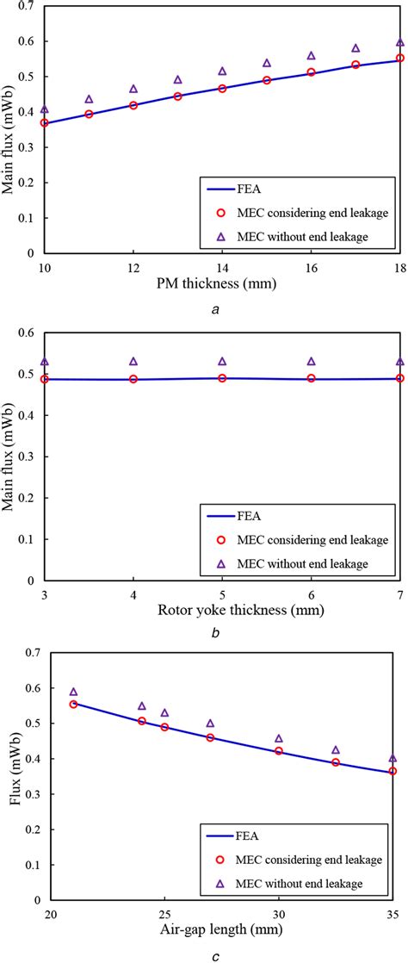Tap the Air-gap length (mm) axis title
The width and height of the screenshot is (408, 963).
(x=222, y=929)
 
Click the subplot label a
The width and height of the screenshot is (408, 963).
(x=221, y=306)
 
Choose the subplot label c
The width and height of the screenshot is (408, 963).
(x=221, y=953)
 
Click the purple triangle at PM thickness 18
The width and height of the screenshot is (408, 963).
(x=399, y=42)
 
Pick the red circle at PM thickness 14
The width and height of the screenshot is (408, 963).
(x=222, y=88)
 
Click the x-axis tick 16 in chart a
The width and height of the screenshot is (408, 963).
(x=311, y=266)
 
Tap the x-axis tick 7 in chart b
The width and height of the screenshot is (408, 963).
(x=399, y=596)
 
